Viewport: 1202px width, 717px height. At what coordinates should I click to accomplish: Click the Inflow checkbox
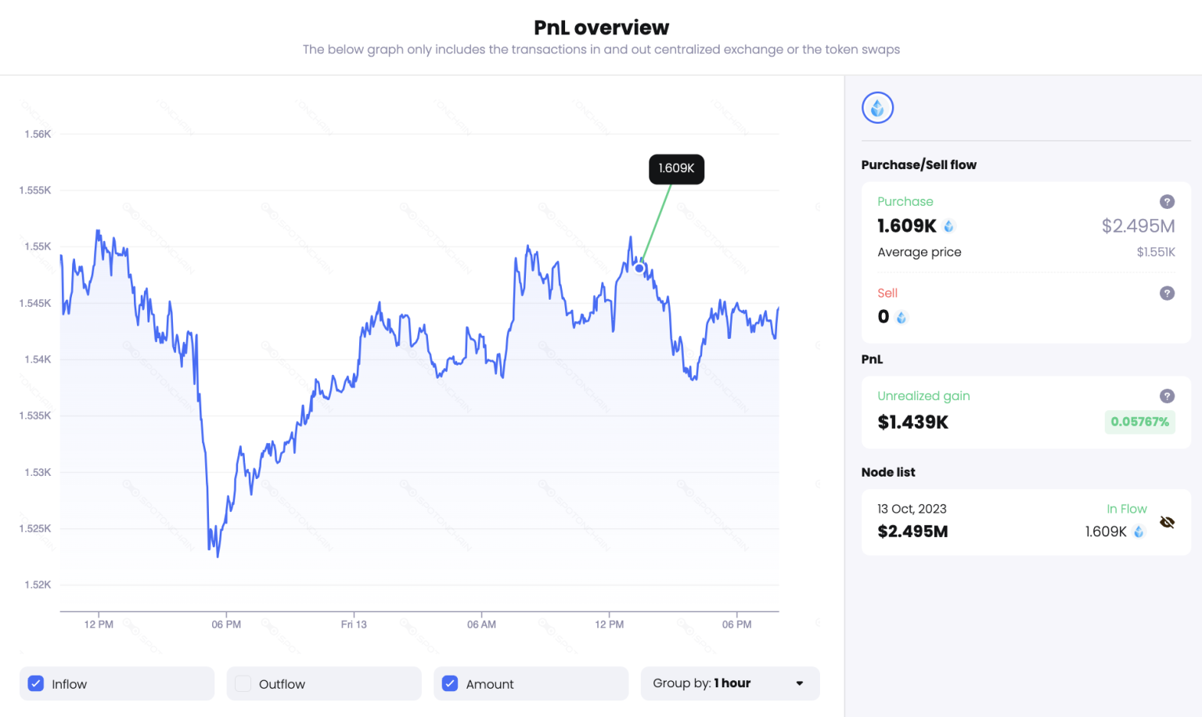[36, 683]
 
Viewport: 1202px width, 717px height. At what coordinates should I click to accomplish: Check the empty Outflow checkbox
[243, 683]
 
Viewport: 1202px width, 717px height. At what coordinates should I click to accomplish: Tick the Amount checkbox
[450, 683]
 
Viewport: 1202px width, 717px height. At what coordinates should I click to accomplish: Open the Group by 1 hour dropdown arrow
[799, 683]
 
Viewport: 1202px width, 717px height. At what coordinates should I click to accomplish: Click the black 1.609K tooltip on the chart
[676, 168]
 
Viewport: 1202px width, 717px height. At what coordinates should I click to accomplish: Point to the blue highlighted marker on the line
[639, 268]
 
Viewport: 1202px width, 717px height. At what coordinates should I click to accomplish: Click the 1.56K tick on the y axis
[38, 134]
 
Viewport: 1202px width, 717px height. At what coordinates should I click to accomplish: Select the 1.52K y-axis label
[38, 585]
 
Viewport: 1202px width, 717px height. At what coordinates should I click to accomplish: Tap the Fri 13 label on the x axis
[354, 625]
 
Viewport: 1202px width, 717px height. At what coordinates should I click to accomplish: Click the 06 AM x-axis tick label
[481, 625]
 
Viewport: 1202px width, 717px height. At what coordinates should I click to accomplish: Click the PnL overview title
[601, 27]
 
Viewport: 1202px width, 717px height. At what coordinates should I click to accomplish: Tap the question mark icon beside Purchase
[1167, 202]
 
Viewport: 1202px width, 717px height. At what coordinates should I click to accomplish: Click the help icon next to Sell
[1167, 294]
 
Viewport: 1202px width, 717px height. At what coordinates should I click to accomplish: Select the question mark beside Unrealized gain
[1167, 396]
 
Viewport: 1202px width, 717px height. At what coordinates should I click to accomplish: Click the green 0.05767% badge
[1139, 422]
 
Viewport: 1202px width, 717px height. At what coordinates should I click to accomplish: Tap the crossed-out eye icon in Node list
[1167, 522]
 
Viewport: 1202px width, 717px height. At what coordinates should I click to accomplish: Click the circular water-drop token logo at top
[877, 108]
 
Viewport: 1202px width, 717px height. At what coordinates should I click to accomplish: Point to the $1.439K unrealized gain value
[912, 423]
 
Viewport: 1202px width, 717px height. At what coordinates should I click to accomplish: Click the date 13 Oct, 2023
[912, 509]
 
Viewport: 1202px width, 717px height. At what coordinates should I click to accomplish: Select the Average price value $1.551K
[1156, 252]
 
